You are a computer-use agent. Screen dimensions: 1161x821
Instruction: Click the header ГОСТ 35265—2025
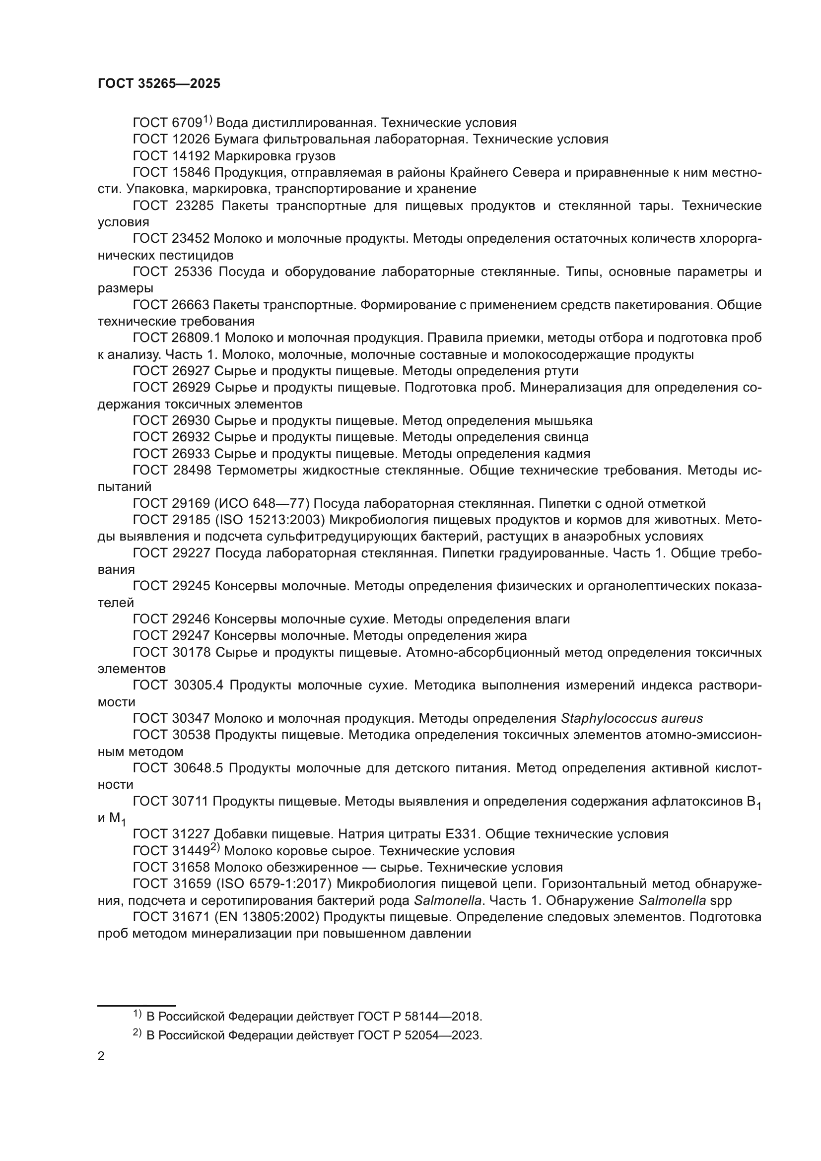coord(159,84)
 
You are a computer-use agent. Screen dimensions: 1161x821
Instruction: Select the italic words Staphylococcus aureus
coord(631,719)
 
